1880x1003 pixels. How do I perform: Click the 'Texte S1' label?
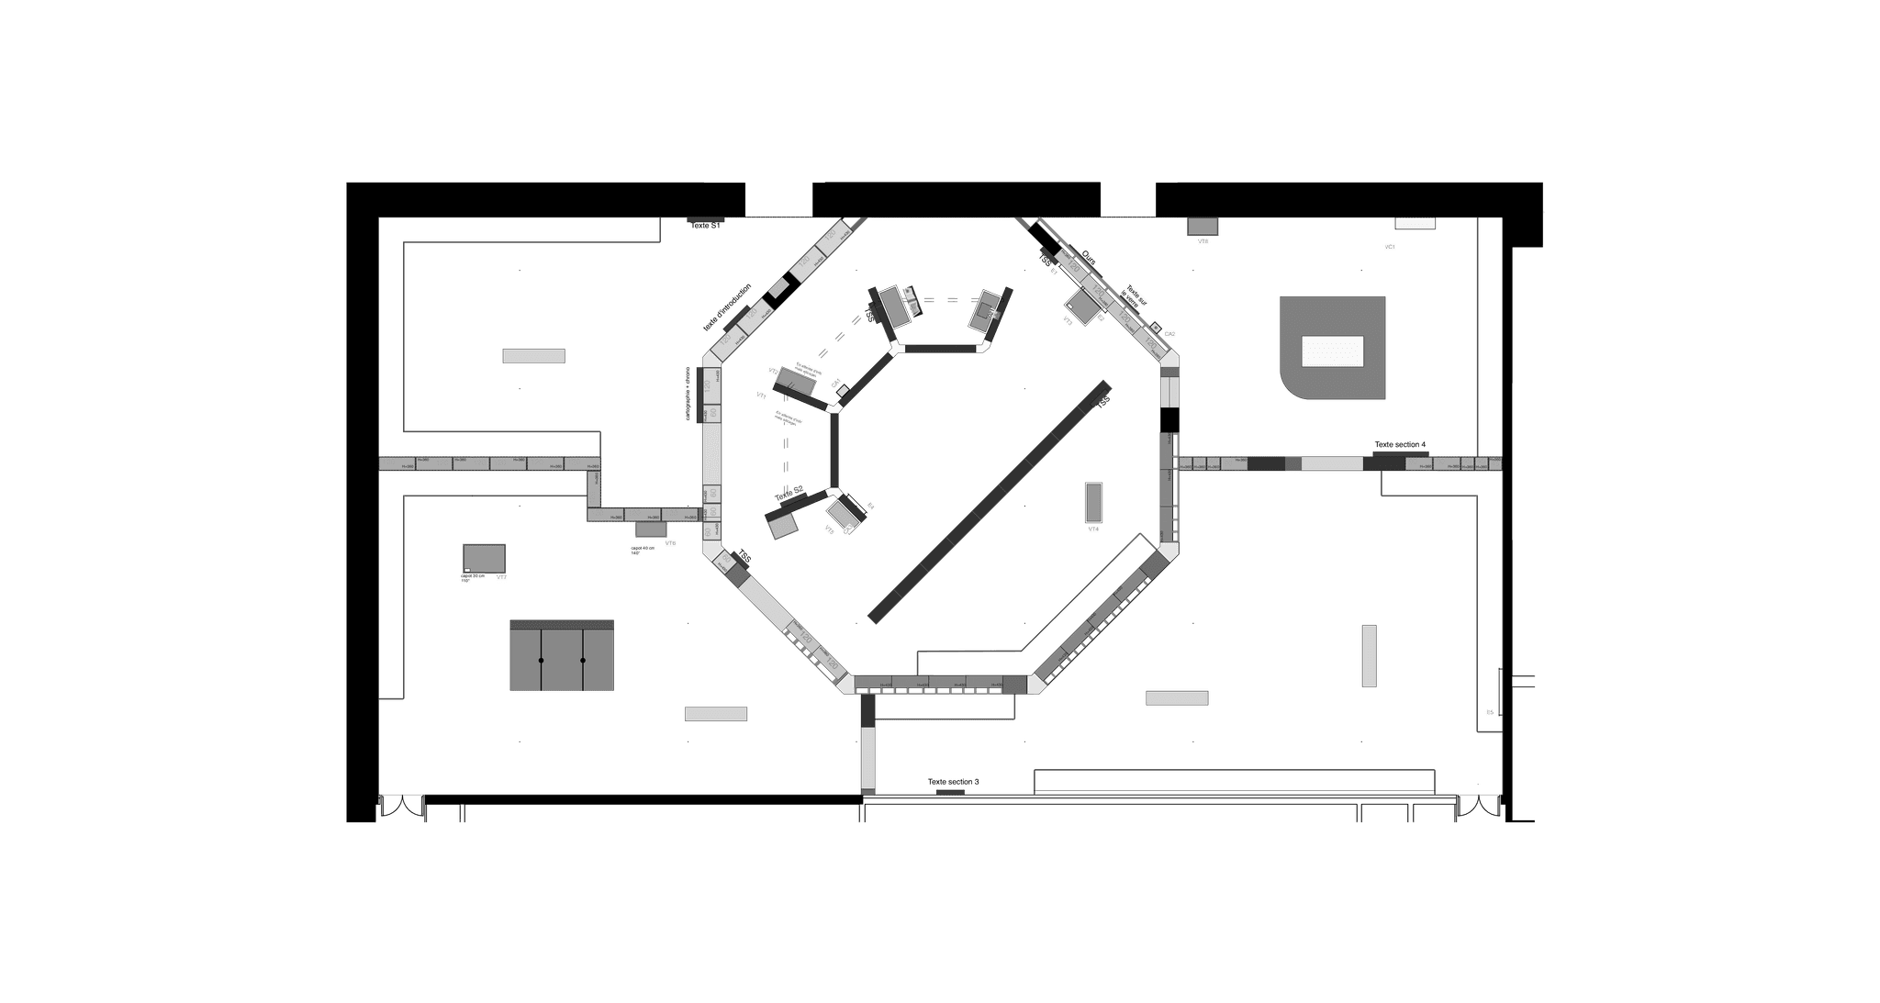tap(705, 225)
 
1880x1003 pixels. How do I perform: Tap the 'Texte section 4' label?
tap(1399, 445)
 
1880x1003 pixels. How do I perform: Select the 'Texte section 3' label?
tap(953, 782)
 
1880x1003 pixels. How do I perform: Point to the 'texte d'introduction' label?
tap(727, 307)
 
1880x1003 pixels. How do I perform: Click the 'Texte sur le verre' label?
tap(1136, 295)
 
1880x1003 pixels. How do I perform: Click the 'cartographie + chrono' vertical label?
tap(688, 394)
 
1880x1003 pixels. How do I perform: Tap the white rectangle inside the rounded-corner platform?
tap(1332, 351)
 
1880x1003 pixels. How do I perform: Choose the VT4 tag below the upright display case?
tap(1093, 529)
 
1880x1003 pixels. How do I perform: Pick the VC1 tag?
tap(1390, 247)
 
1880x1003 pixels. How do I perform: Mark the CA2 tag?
tap(1169, 334)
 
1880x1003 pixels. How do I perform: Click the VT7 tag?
tap(501, 577)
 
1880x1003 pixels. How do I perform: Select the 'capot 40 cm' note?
tap(643, 549)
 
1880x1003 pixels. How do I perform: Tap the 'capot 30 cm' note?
tap(472, 576)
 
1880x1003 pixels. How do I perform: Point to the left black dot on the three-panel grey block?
tap(542, 661)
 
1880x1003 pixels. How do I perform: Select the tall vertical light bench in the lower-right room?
tap(1369, 655)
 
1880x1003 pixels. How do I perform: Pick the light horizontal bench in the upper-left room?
tap(533, 356)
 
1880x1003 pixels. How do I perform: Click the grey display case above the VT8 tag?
tap(1202, 226)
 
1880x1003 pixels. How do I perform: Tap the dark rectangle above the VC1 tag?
tap(1415, 223)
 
